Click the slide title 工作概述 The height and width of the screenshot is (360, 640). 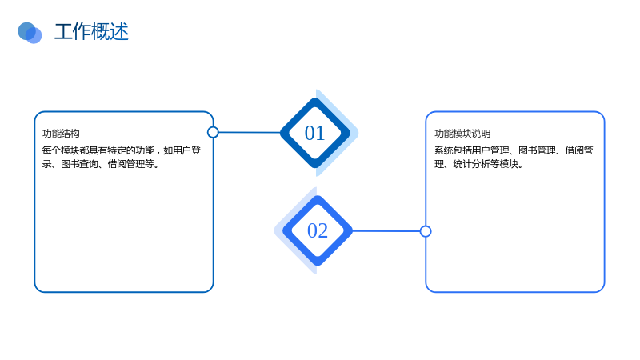point(91,32)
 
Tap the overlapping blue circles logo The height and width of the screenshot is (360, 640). point(30,33)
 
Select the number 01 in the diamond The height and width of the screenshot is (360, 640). point(314,133)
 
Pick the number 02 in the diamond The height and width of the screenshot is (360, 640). point(318,230)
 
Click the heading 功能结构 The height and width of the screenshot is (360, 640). point(61,134)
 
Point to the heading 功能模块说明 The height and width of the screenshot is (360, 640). point(462,134)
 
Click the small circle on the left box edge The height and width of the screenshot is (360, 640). point(213,132)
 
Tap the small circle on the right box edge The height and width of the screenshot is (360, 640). point(426,231)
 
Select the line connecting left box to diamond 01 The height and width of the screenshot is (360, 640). point(250,132)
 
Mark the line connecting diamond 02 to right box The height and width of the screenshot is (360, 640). point(386,231)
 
